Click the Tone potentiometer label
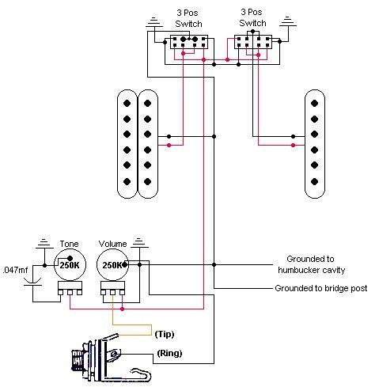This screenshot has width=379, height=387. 69,244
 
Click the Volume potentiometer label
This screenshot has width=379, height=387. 112,244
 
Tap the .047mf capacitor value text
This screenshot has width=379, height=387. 15,270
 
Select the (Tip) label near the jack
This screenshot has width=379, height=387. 165,334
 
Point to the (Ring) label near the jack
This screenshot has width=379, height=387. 169,353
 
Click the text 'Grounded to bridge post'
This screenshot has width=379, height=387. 321,288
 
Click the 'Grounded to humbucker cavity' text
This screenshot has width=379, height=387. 311,264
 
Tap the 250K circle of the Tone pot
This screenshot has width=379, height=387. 70,264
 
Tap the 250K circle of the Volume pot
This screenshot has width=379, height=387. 112,264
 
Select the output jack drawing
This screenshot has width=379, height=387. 111,358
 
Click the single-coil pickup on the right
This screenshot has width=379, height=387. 315,144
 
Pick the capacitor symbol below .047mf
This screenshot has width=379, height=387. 32,282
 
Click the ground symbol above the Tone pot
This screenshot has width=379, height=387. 44,244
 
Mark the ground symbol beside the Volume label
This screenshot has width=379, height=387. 139,243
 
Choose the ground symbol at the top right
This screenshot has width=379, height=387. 288,21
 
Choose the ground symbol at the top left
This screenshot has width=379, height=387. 154,22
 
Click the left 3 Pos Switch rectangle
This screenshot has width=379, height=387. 189,42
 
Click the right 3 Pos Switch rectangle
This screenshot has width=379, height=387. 253,42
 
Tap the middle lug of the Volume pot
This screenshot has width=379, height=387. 112,292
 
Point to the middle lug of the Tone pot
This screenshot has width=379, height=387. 70,292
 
